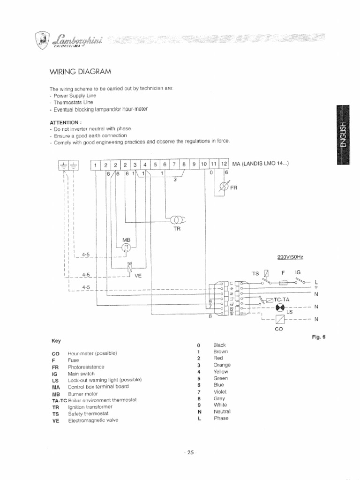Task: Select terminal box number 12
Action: pos(224,164)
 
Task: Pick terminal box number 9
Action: pos(194,164)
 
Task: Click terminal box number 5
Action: pos(155,164)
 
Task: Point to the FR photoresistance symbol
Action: pos(224,187)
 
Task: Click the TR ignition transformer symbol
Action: pos(177,220)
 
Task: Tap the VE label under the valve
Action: pos(138,276)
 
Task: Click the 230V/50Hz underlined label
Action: pos(290,257)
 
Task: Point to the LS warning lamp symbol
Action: pos(280,307)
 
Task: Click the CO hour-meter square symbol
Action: pos(279,319)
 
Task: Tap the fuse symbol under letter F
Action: pos(283,283)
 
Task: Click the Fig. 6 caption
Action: pos(318,337)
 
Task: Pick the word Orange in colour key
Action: pos(222,365)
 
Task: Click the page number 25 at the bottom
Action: pos(190,453)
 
